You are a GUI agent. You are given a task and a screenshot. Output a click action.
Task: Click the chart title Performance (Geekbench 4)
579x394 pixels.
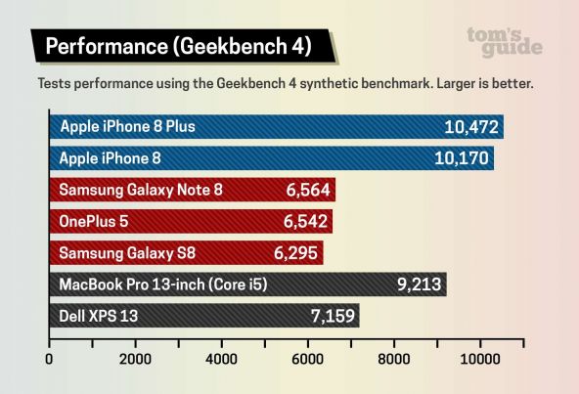tap(178, 47)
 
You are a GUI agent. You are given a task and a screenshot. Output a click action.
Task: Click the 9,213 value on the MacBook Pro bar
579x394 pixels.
tap(421, 285)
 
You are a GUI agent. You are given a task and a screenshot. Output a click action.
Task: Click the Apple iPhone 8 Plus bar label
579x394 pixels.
tap(127, 127)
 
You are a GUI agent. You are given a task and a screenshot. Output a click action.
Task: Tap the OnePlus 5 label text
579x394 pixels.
tap(95, 222)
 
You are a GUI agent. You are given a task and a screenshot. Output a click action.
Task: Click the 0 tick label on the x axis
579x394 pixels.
tap(49, 359)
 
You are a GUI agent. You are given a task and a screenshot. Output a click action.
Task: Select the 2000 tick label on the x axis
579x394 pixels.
tap(135, 359)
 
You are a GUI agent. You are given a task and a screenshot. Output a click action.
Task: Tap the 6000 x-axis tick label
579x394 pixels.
tap(308, 359)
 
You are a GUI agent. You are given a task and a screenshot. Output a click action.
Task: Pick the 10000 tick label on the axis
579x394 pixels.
tap(480, 359)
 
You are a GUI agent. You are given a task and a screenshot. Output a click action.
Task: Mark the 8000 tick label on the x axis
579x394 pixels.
tap(394, 359)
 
